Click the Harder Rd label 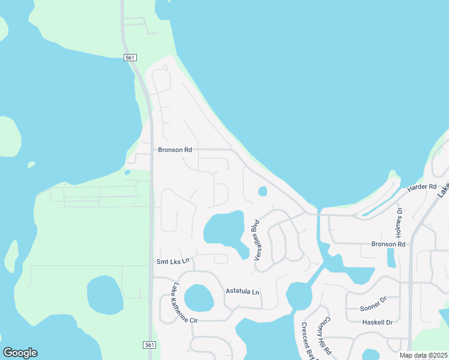421,187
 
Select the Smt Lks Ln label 173,261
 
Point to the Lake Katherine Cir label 185,302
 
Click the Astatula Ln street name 242,292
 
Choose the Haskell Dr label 377,322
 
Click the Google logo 20,353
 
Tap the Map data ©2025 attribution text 424,355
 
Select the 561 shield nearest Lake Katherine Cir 149,345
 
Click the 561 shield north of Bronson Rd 131,58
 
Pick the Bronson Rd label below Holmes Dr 388,244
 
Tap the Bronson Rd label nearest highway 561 175,150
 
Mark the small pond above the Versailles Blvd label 262,191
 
